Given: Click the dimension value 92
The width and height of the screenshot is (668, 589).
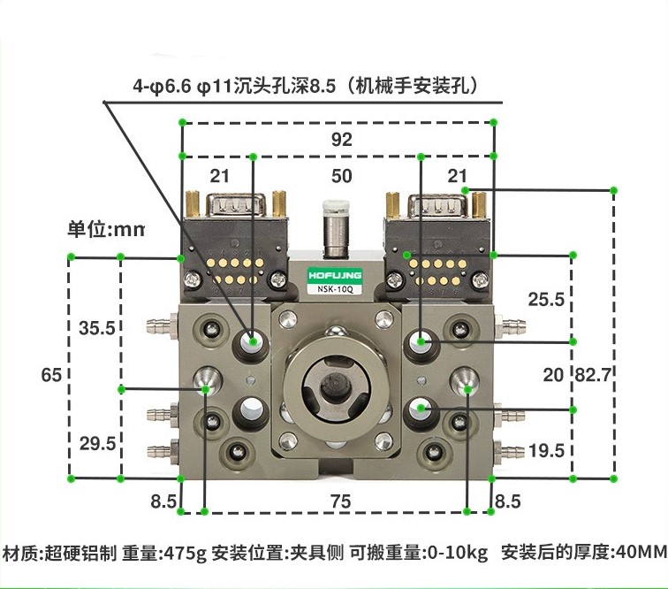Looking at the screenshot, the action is click(x=341, y=140).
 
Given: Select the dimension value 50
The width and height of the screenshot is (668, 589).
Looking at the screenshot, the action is click(x=341, y=176).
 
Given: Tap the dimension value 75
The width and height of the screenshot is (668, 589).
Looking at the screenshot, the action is click(x=341, y=501).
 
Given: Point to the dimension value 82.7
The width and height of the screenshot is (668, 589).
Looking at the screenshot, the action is click(x=593, y=375).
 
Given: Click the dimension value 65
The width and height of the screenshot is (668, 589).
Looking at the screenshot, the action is click(x=51, y=375).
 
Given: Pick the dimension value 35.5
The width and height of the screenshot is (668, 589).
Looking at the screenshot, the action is click(x=96, y=328).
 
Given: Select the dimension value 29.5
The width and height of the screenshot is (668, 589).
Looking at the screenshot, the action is click(x=96, y=444).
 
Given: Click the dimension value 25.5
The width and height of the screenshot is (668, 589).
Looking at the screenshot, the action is click(x=545, y=299).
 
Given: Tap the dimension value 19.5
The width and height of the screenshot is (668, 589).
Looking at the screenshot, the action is click(x=545, y=450).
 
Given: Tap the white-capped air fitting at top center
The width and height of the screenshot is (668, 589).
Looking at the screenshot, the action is click(x=334, y=210).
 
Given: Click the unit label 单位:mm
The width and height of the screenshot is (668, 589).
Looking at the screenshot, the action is click(x=106, y=229).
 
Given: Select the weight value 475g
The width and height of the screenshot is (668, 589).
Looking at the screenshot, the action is click(x=184, y=554).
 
